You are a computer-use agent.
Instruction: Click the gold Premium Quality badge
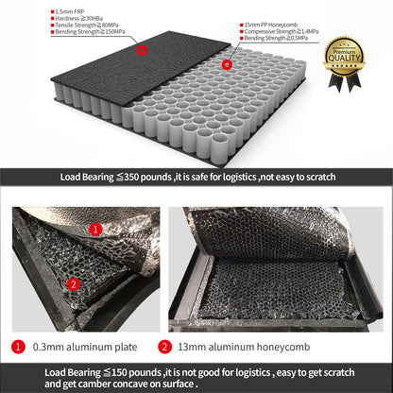[343, 59]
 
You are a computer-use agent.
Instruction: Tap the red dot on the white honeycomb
[228, 65]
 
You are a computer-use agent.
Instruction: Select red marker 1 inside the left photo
[95, 228]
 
